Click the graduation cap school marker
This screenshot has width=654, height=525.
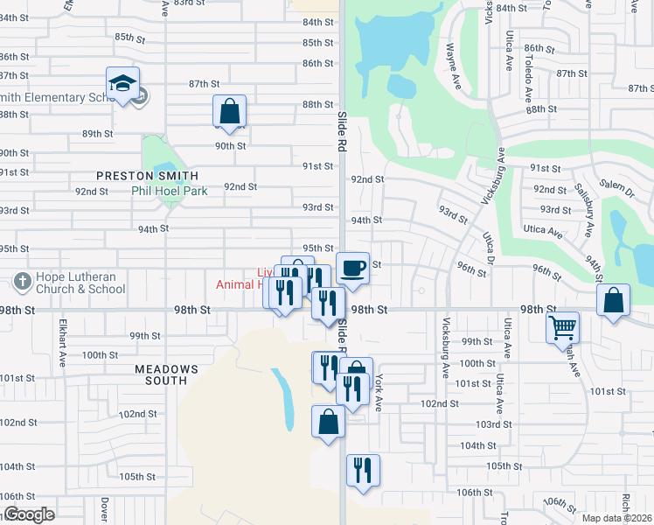[122, 83]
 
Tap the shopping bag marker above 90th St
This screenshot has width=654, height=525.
[229, 112]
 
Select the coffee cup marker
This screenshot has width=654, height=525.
[352, 266]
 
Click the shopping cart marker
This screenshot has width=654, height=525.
[562, 328]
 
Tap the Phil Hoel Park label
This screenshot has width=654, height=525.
[170, 191]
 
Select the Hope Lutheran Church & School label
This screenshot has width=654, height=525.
[80, 283]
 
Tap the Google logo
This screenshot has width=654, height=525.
[28, 514]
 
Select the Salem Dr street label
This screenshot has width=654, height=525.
[617, 185]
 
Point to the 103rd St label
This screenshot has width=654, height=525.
[492, 423]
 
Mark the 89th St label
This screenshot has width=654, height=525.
[98, 134]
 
